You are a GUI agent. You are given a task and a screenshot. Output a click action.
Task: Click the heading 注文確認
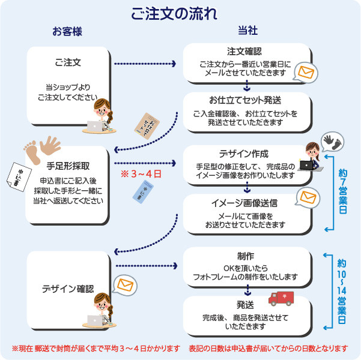click(x=244, y=51)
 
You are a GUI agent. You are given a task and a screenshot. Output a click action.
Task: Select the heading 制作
click(x=244, y=255)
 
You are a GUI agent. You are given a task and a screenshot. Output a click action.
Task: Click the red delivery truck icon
click(x=281, y=298)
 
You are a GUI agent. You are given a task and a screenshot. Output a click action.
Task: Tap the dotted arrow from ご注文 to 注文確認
click(x=145, y=63)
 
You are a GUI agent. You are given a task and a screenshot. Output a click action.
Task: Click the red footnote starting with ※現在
click(x=96, y=349)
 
